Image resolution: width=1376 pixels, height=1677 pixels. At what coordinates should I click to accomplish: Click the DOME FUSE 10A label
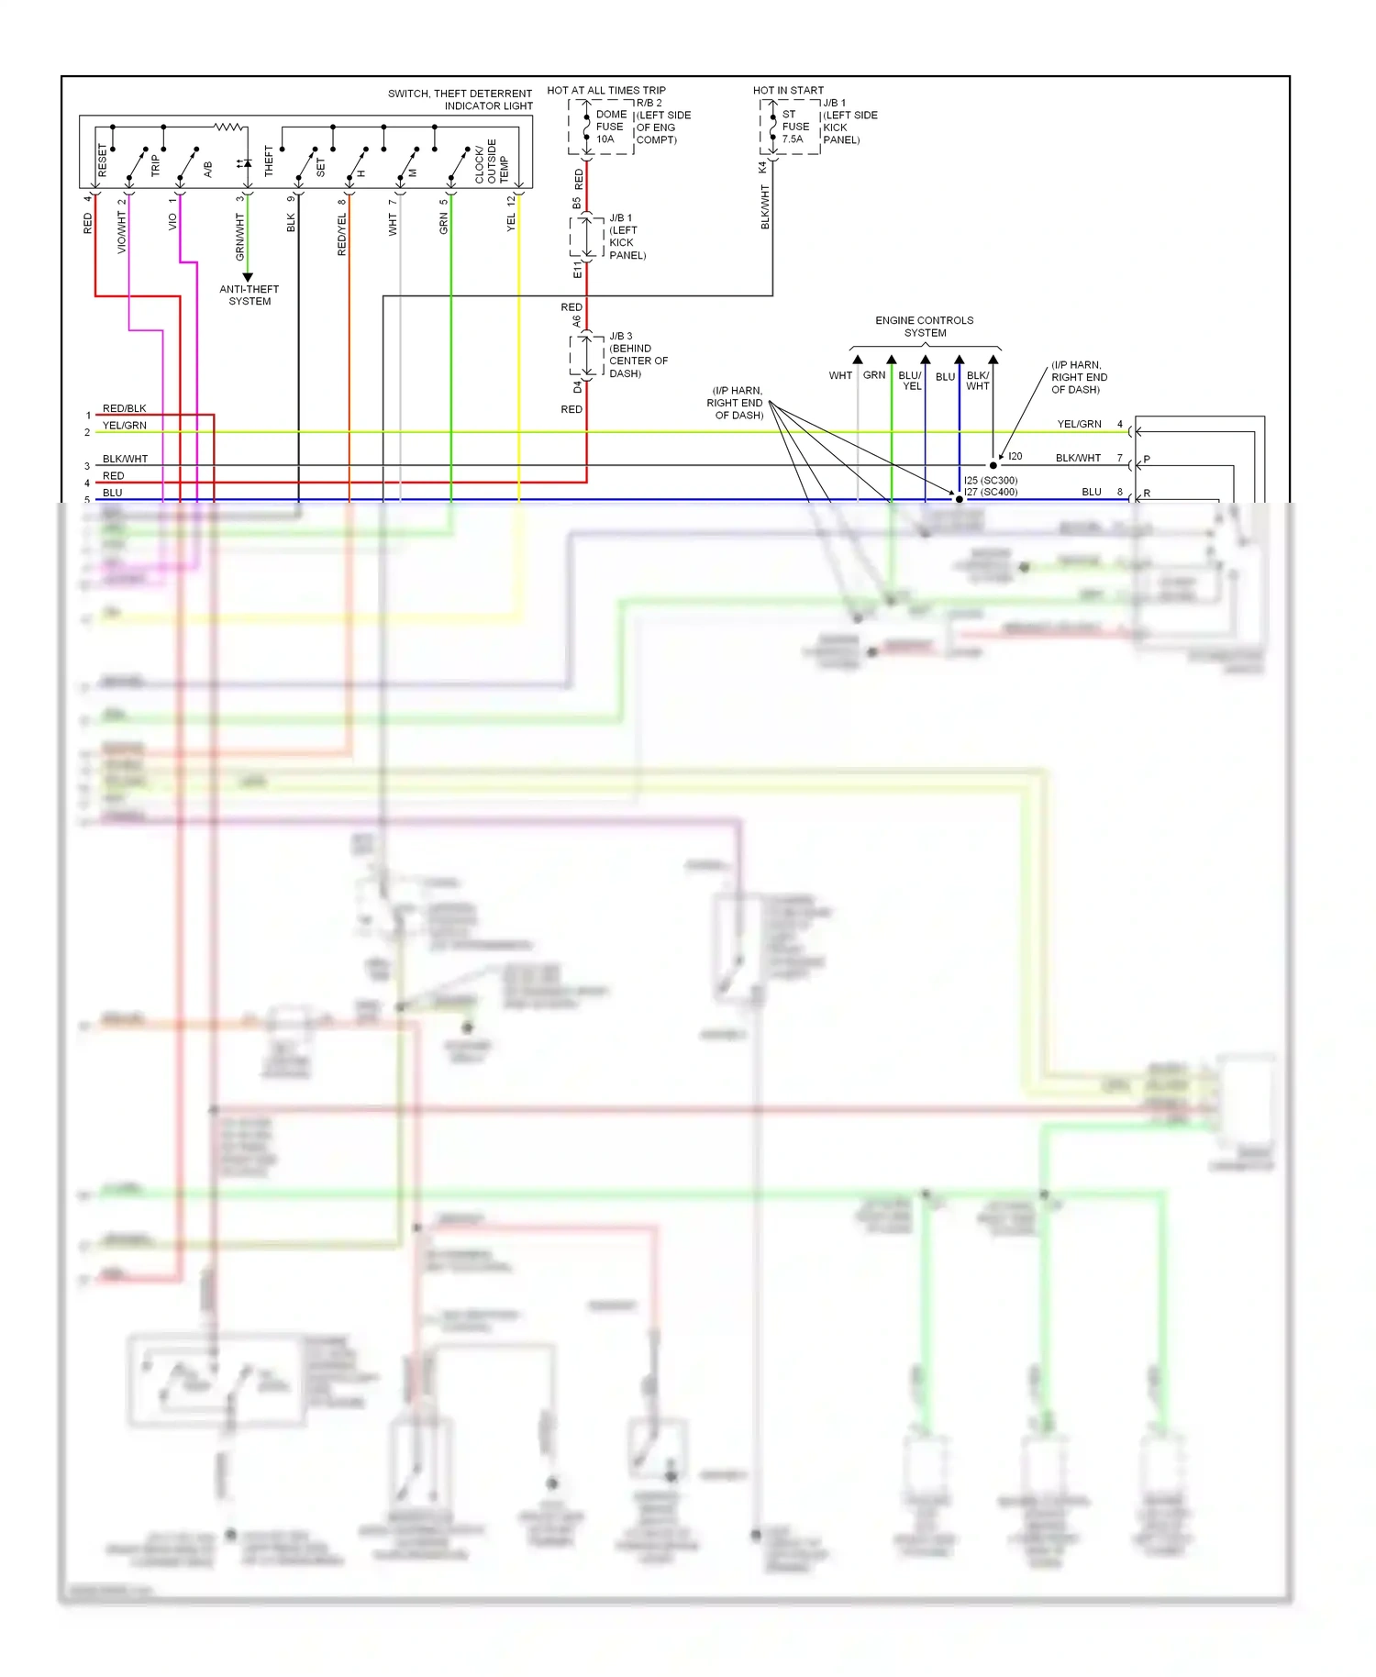pos(610,127)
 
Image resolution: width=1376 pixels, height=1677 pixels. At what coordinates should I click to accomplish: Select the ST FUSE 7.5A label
pos(794,127)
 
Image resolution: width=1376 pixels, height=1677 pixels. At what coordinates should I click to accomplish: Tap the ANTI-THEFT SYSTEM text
pos(249,294)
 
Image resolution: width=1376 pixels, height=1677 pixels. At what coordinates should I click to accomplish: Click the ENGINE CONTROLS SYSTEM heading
pos(924,327)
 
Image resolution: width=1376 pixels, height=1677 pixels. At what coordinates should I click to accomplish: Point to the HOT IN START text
pos(788,90)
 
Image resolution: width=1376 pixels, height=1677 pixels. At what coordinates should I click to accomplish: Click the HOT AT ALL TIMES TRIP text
pos(605,90)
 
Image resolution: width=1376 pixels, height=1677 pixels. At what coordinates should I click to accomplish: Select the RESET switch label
pos(102,161)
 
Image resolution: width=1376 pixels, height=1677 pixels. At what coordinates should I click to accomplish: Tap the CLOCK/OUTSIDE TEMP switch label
pos(491,161)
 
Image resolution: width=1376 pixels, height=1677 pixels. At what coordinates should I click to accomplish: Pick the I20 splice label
pos(1015,456)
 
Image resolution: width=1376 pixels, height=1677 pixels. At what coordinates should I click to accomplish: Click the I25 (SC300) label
pos(990,480)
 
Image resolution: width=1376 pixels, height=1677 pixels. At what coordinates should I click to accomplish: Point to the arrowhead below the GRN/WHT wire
pos(248,277)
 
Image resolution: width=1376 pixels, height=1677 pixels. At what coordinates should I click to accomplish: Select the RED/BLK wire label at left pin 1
pos(124,408)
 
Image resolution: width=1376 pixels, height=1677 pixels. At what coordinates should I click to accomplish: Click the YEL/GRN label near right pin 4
pos(1079,424)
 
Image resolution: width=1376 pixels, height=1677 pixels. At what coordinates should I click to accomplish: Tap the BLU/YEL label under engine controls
pos(910,381)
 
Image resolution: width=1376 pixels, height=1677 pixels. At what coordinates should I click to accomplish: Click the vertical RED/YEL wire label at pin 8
pos(342,234)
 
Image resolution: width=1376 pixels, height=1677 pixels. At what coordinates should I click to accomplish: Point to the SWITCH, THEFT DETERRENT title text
pos(460,94)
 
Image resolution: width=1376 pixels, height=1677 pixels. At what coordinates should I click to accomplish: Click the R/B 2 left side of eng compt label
pos(662,121)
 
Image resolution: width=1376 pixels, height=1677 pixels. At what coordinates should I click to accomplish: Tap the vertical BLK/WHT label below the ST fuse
pos(765,206)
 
